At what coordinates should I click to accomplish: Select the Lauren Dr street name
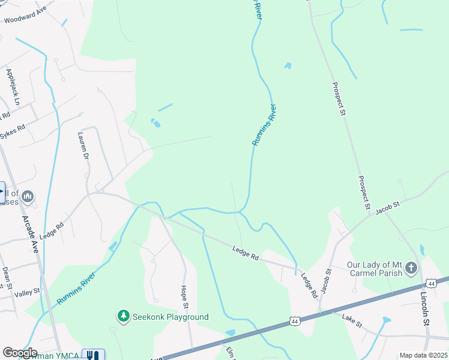pos(84,146)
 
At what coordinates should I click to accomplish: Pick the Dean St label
pos(6,280)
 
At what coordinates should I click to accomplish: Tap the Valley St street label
pos(27,292)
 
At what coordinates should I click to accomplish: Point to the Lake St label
pos(352,320)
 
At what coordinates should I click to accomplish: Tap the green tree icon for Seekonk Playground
pos(123,316)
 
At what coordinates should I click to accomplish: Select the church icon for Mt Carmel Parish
pos(412,267)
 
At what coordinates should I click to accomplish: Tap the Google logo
pos(20,353)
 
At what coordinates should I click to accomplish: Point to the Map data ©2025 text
pos(423,355)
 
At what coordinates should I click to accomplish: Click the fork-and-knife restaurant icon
pos(92,355)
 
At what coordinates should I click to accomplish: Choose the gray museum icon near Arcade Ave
pos(28,196)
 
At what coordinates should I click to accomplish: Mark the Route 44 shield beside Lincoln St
pos(431,283)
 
